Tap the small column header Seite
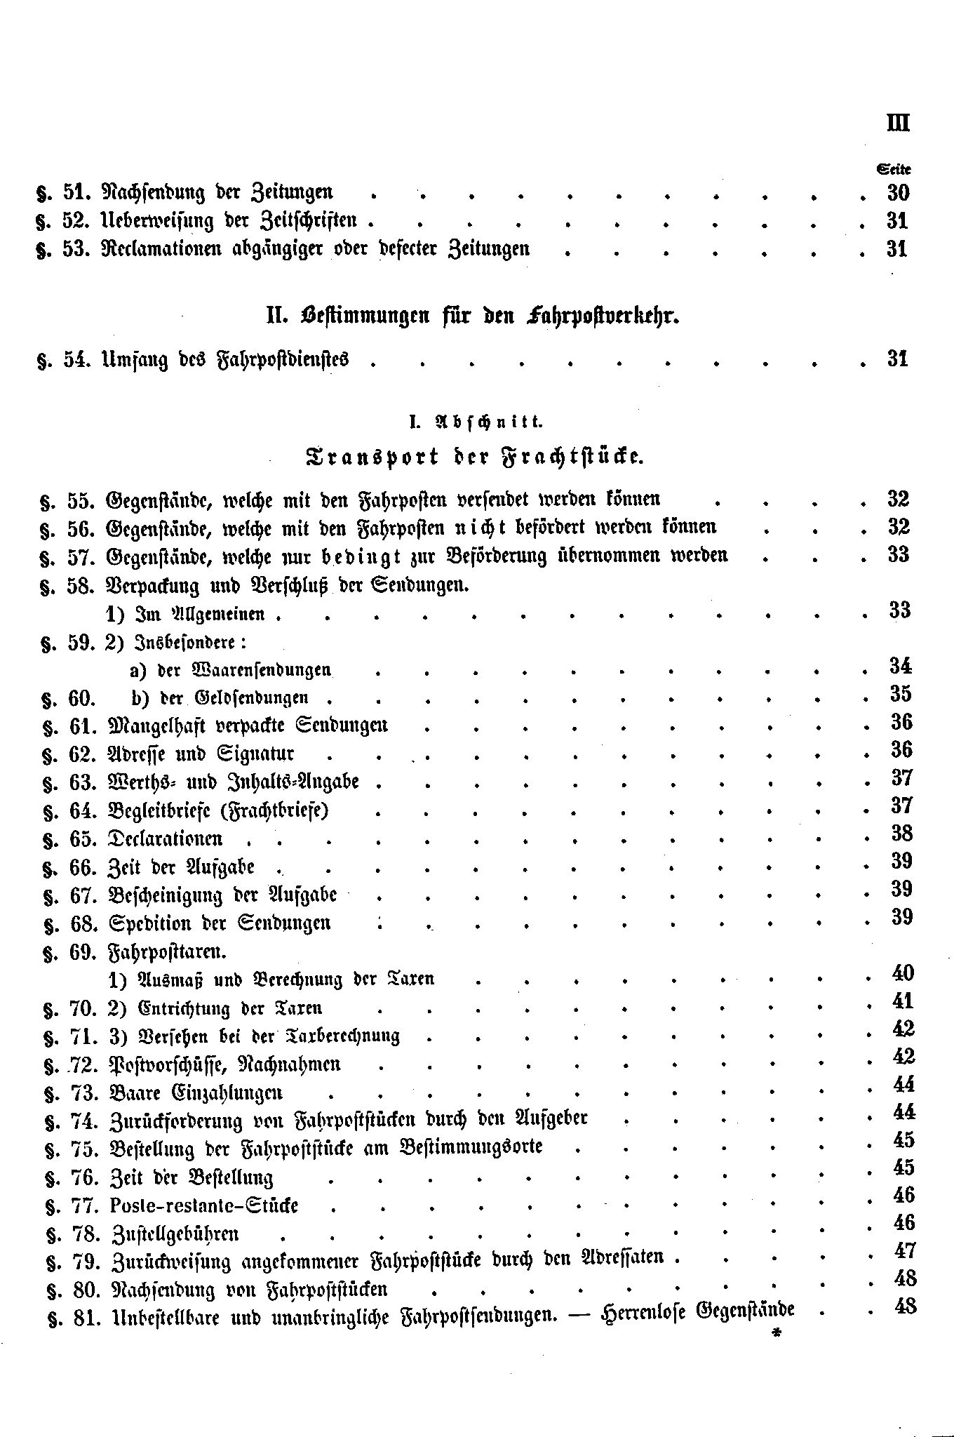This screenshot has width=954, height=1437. coord(894,169)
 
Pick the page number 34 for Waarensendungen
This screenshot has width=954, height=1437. coord(900,666)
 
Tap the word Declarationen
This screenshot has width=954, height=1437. coord(166,838)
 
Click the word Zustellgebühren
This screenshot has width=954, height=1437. coord(175,1234)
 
